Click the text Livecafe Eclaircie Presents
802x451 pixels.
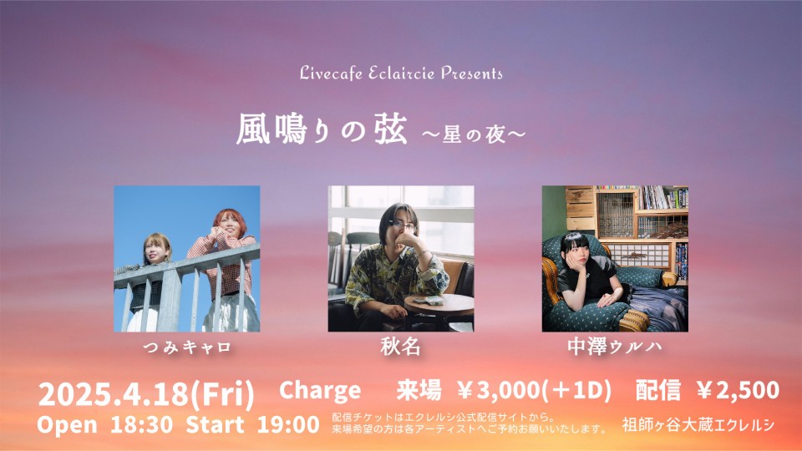[401, 73]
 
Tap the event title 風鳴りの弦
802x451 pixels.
[321, 129]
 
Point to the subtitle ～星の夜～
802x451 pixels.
[473, 134]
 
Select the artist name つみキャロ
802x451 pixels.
[186, 347]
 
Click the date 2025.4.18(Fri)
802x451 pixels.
[146, 394]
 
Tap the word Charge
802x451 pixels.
[320, 391]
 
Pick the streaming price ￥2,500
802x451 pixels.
[738, 391]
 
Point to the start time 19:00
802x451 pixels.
[288, 425]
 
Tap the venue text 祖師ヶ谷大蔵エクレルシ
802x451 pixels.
[698, 425]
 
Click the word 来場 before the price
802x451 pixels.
[419, 391]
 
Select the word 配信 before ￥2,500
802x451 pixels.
[658, 391]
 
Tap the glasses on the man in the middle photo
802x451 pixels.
[403, 225]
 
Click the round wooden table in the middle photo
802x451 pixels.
[439, 307]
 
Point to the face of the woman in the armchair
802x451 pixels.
[573, 251]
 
